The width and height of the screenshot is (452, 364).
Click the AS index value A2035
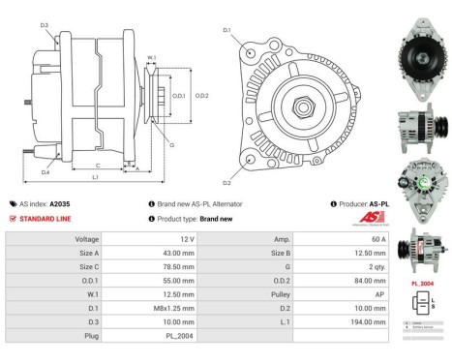pos(60,204)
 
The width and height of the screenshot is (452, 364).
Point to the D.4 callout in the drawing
pos(45,172)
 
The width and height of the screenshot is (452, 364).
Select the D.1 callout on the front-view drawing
pos(226,31)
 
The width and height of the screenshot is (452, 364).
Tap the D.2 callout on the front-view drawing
pos(226,182)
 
